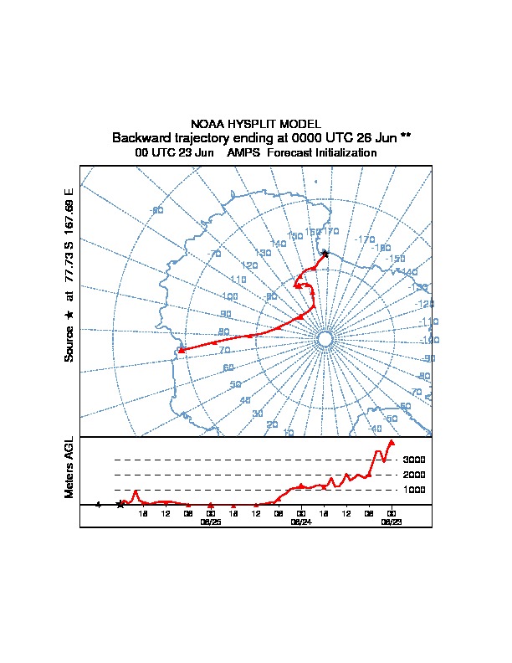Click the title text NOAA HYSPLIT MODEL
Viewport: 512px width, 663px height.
click(x=256, y=124)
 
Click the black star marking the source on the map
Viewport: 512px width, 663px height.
click(x=325, y=253)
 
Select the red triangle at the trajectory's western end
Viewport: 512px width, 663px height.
click(x=182, y=351)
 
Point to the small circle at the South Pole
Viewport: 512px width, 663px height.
click(x=325, y=337)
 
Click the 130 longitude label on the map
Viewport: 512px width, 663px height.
click(x=263, y=252)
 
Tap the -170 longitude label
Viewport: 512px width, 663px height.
click(x=365, y=239)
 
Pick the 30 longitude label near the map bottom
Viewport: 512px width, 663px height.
click(x=258, y=414)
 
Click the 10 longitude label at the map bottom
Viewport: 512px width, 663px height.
click(x=289, y=432)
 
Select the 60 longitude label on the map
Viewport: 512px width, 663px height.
click(x=227, y=367)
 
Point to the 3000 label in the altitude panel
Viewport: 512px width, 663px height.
click(x=415, y=460)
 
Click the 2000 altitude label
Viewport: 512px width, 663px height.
click(x=415, y=475)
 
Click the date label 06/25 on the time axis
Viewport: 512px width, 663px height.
click(x=210, y=522)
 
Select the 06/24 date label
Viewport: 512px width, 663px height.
click(x=300, y=522)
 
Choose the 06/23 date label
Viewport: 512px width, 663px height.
click(x=391, y=522)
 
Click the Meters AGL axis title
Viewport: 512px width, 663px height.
click(x=69, y=468)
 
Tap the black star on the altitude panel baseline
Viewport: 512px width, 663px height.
click(x=120, y=504)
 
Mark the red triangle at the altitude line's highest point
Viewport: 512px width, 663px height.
click(x=392, y=442)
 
